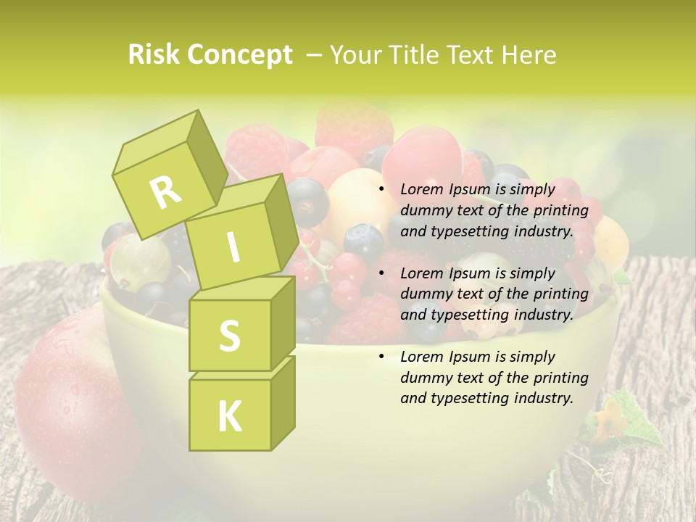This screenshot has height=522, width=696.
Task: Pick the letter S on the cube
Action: (229, 336)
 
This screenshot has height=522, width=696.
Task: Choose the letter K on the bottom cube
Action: (229, 417)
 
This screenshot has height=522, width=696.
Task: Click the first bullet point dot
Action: (382, 190)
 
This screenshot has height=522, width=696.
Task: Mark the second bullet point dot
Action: (382, 274)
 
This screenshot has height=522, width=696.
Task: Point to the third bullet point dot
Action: (382, 357)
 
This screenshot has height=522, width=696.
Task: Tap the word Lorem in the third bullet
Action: (421, 357)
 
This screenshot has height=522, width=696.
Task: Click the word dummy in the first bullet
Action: (423, 211)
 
